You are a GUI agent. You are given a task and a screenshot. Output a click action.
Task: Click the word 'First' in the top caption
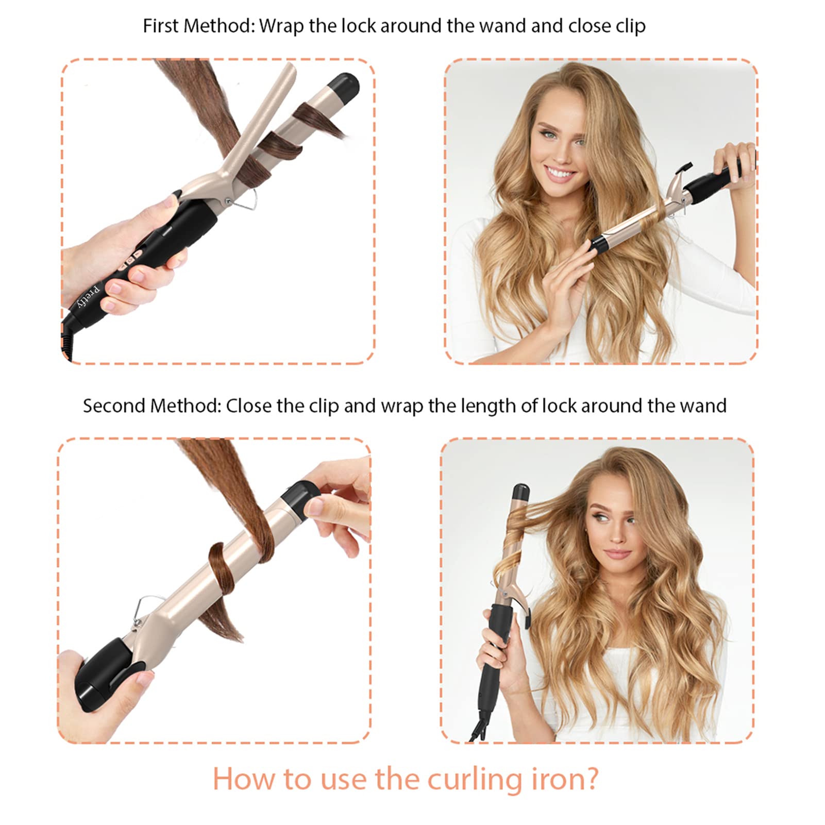pos(160,26)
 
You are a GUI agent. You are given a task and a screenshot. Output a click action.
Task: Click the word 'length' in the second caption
pos(487,406)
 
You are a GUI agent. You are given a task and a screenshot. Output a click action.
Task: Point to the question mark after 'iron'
pos(591,779)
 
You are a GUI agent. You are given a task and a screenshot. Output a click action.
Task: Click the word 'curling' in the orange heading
pos(475,779)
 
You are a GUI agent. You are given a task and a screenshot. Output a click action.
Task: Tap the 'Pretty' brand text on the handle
pos(88,296)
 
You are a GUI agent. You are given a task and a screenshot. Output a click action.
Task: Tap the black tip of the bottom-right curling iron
pos(521,492)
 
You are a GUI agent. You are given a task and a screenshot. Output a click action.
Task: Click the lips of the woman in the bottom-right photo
pos(617,554)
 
